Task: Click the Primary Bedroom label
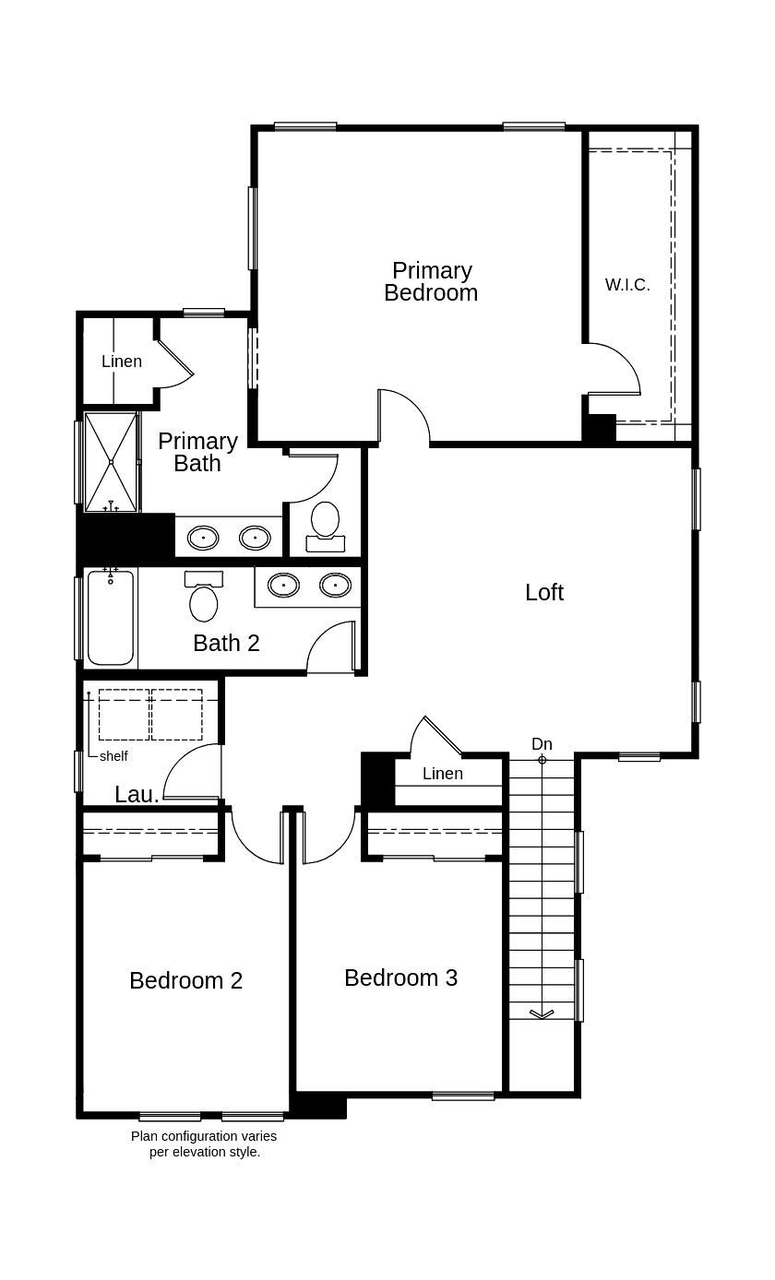[431, 281]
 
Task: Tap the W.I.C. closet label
[627, 285]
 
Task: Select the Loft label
[543, 592]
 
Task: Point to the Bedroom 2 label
[185, 980]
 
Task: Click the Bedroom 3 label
[400, 978]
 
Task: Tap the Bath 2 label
[226, 643]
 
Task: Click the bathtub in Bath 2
[111, 618]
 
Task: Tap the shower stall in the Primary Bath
[111, 461]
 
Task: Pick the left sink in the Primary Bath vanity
[203, 537]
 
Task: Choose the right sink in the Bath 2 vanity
[335, 585]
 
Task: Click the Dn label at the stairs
[542, 744]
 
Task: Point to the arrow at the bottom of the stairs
[542, 1013]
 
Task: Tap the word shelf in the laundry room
[113, 756]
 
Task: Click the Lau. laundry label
[137, 794]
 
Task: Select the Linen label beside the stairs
[443, 774]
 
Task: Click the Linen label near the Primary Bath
[122, 361]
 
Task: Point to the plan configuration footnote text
[204, 1144]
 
